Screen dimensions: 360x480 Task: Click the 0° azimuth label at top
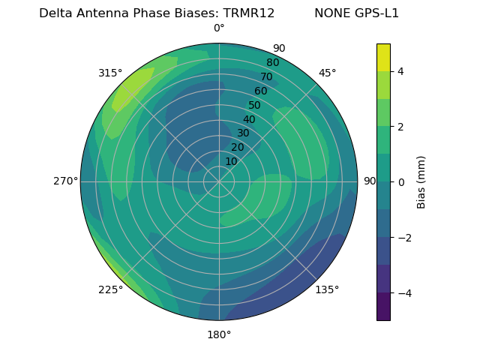(219, 28)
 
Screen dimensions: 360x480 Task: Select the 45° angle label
(327, 73)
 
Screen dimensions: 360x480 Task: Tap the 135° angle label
(327, 290)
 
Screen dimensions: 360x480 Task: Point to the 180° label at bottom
(219, 334)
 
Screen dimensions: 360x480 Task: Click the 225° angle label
(110, 290)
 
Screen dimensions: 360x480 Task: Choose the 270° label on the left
(65, 181)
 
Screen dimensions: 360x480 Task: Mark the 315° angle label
(110, 73)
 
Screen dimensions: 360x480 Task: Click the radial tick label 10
(231, 161)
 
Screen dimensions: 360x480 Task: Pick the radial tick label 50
(255, 106)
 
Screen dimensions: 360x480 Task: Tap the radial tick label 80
(272, 63)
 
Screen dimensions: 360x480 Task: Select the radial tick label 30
(243, 133)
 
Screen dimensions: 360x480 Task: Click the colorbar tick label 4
(401, 71)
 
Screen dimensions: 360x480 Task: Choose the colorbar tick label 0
(401, 182)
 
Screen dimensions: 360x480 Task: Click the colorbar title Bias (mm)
(421, 182)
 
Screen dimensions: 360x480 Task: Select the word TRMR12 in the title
(249, 13)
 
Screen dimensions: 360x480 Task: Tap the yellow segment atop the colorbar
(383, 58)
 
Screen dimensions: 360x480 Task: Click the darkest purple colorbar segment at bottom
(383, 307)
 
